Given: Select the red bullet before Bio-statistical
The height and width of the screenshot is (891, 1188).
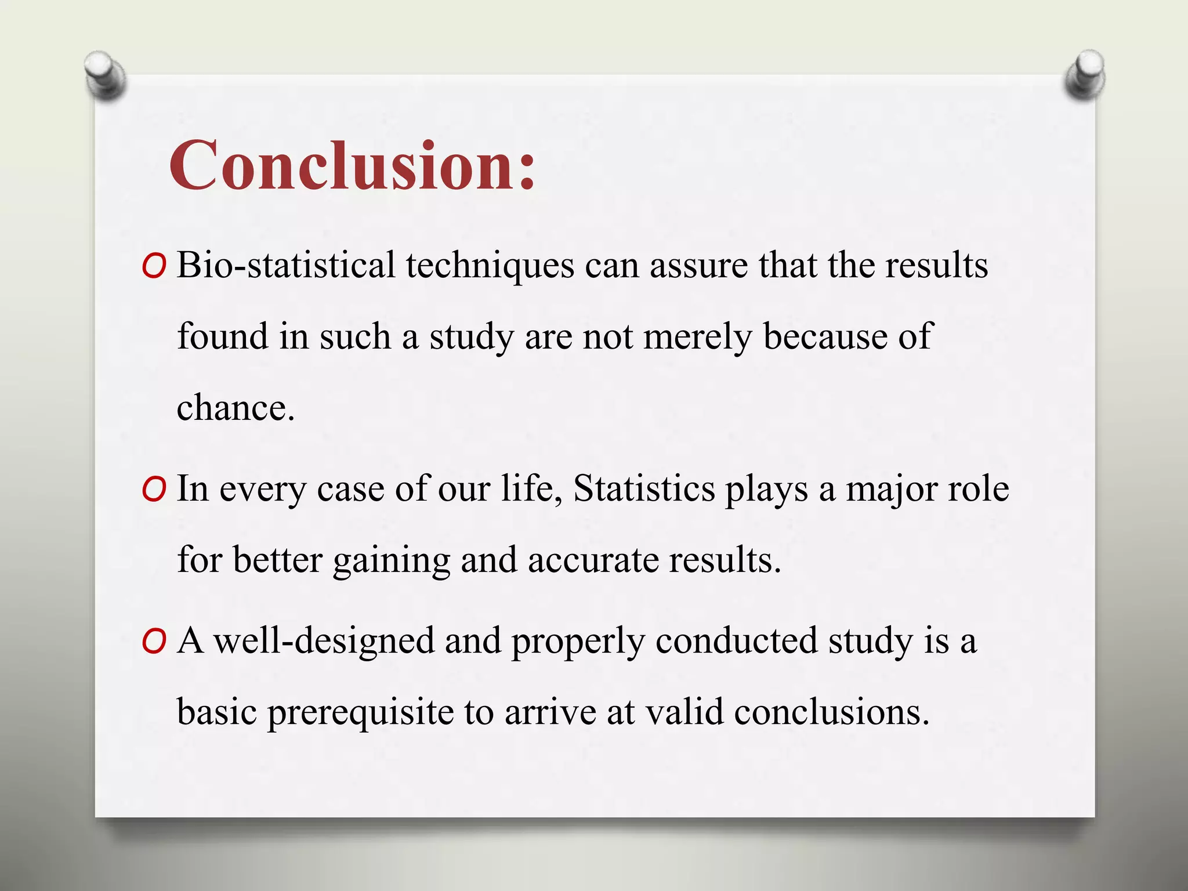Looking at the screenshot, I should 154,267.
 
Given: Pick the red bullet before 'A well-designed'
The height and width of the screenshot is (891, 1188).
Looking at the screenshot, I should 154,642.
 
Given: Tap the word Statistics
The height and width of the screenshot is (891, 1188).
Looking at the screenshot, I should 644,488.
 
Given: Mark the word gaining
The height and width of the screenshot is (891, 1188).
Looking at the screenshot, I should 392,562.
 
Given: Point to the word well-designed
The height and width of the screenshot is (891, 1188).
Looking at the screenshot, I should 325,642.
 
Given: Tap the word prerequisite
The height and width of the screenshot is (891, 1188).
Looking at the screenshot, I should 360,712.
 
